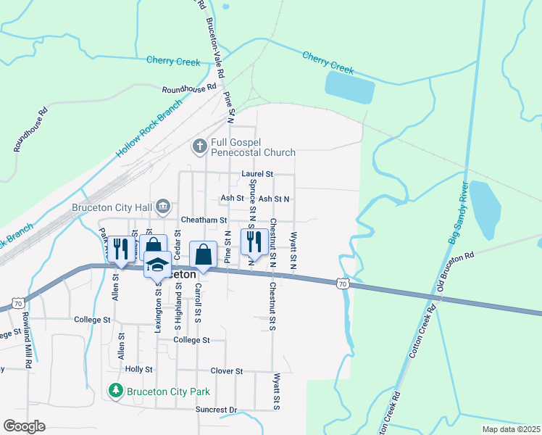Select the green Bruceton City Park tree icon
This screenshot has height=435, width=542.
115,391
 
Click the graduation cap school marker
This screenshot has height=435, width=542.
157,264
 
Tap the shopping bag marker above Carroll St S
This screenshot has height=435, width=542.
204,254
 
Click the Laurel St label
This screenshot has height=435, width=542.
257,175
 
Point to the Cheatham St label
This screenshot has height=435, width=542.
204,220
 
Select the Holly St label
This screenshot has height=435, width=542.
138,369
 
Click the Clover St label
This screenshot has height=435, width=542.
226,371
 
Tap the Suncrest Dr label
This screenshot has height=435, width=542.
216,410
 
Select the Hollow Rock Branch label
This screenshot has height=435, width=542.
145,135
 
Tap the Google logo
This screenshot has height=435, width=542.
24,426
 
